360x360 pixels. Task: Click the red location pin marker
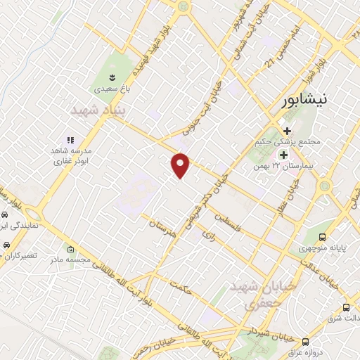181,165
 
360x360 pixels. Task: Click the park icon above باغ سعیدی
112,75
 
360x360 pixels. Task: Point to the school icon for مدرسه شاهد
70,141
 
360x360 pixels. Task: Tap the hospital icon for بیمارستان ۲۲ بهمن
283,155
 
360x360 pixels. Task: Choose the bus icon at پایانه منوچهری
322,238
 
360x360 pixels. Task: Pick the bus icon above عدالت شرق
345,307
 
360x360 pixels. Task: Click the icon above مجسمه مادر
70,250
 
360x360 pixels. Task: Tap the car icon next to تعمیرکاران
6,245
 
